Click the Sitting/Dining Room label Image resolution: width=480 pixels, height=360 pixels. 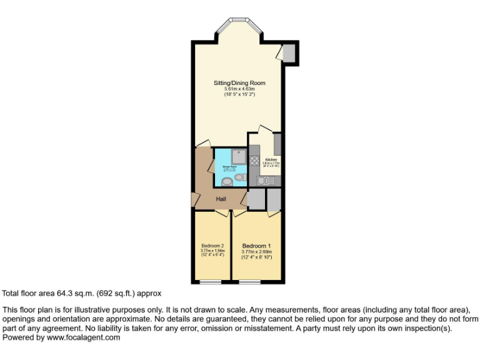pos(239,83)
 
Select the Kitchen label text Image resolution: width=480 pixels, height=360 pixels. pos(271,160)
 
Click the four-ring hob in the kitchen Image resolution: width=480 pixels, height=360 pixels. pos(254,160)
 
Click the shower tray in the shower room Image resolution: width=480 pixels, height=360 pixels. pos(239,156)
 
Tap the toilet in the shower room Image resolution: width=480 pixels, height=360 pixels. pos(240,177)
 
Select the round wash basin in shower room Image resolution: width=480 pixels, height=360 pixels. pos(226,181)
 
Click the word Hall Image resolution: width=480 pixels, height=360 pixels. pos(221,199)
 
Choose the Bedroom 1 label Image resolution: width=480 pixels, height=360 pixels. pos(256,246)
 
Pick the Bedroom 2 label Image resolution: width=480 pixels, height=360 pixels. pos(212,246)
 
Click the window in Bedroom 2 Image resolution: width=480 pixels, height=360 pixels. pos(210,282)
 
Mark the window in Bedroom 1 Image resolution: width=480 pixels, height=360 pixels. pos(249,282)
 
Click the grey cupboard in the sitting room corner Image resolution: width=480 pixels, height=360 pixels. pos(289,54)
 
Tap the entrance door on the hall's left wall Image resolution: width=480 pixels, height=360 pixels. pos(195,199)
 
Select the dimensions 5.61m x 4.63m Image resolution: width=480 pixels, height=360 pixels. pos(239,89)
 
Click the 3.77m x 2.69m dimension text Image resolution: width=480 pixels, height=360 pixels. pos(256,252)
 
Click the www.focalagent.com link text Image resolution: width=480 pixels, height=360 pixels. pos(82,337)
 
